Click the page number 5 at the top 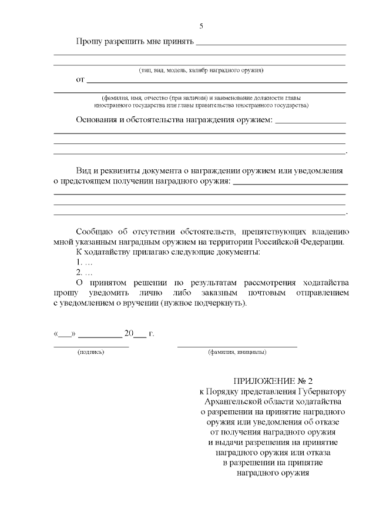202,26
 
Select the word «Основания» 98,121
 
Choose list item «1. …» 84,262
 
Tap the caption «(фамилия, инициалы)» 237,353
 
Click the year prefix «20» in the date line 129,333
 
